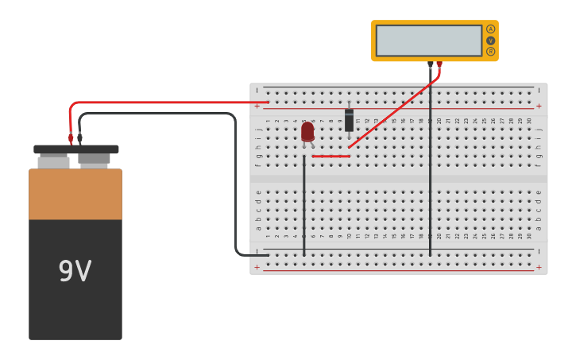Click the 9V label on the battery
[75, 272]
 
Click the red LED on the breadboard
[307, 131]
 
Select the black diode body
[349, 120]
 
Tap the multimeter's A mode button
[490, 29]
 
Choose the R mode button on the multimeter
[490, 51]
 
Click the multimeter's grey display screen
[429, 40]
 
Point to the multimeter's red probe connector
[439, 64]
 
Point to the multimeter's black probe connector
[431, 64]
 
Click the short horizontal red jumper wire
[331, 156]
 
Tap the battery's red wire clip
[71, 138]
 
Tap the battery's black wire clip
[79, 138]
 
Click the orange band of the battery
[75, 194]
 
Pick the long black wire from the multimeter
[431, 175]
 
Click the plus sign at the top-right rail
[539, 106]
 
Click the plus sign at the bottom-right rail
[539, 267]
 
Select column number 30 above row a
[529, 235]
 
